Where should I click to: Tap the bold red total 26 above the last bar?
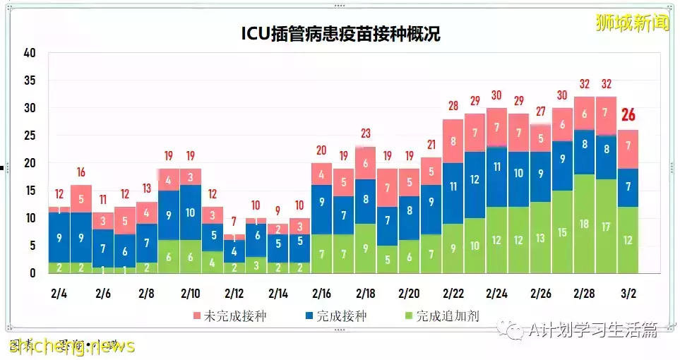pos(627,115)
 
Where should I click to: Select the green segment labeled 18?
pos(584,223)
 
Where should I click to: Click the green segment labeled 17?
pos(605,227)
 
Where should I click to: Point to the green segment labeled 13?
pos(541,237)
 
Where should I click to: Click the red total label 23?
pos(365,133)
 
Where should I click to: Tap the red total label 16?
pos(81,172)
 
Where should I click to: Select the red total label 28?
pos(453,106)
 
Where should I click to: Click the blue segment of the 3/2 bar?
pos(627,187)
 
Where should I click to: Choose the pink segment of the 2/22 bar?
pos(453,140)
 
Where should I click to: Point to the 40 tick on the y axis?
pos(29,53)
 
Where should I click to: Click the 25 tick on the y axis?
pos(29,136)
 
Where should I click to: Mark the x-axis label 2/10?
pos(190,293)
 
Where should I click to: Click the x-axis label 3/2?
pos(627,293)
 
